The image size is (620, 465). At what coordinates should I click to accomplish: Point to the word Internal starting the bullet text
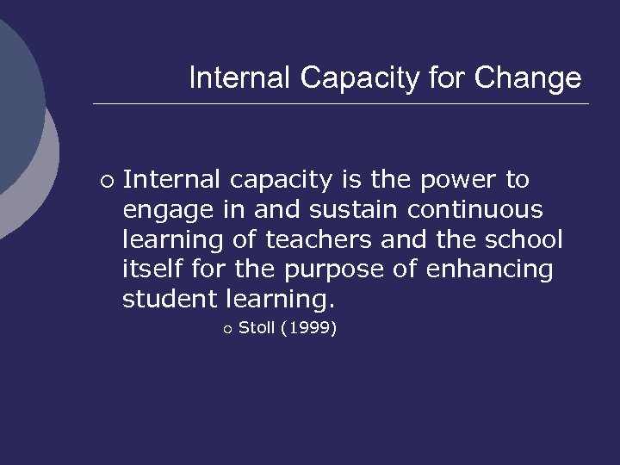[x=172, y=180]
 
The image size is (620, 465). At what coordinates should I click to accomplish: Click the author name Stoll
[x=256, y=327]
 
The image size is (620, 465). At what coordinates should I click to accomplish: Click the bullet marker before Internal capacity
[x=105, y=181]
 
